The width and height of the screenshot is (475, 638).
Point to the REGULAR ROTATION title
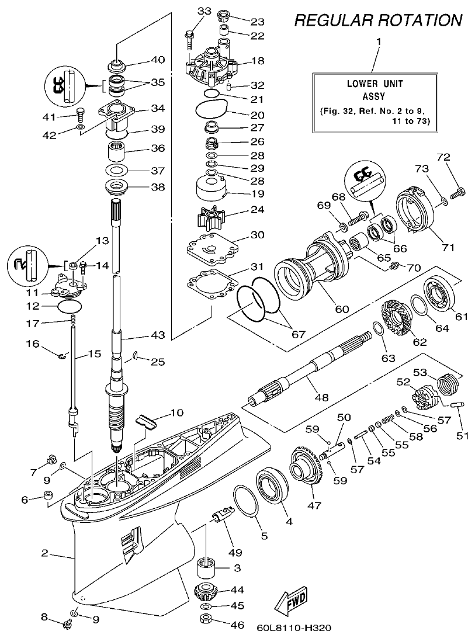click(378, 21)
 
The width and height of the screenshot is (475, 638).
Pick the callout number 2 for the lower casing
click(44, 553)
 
